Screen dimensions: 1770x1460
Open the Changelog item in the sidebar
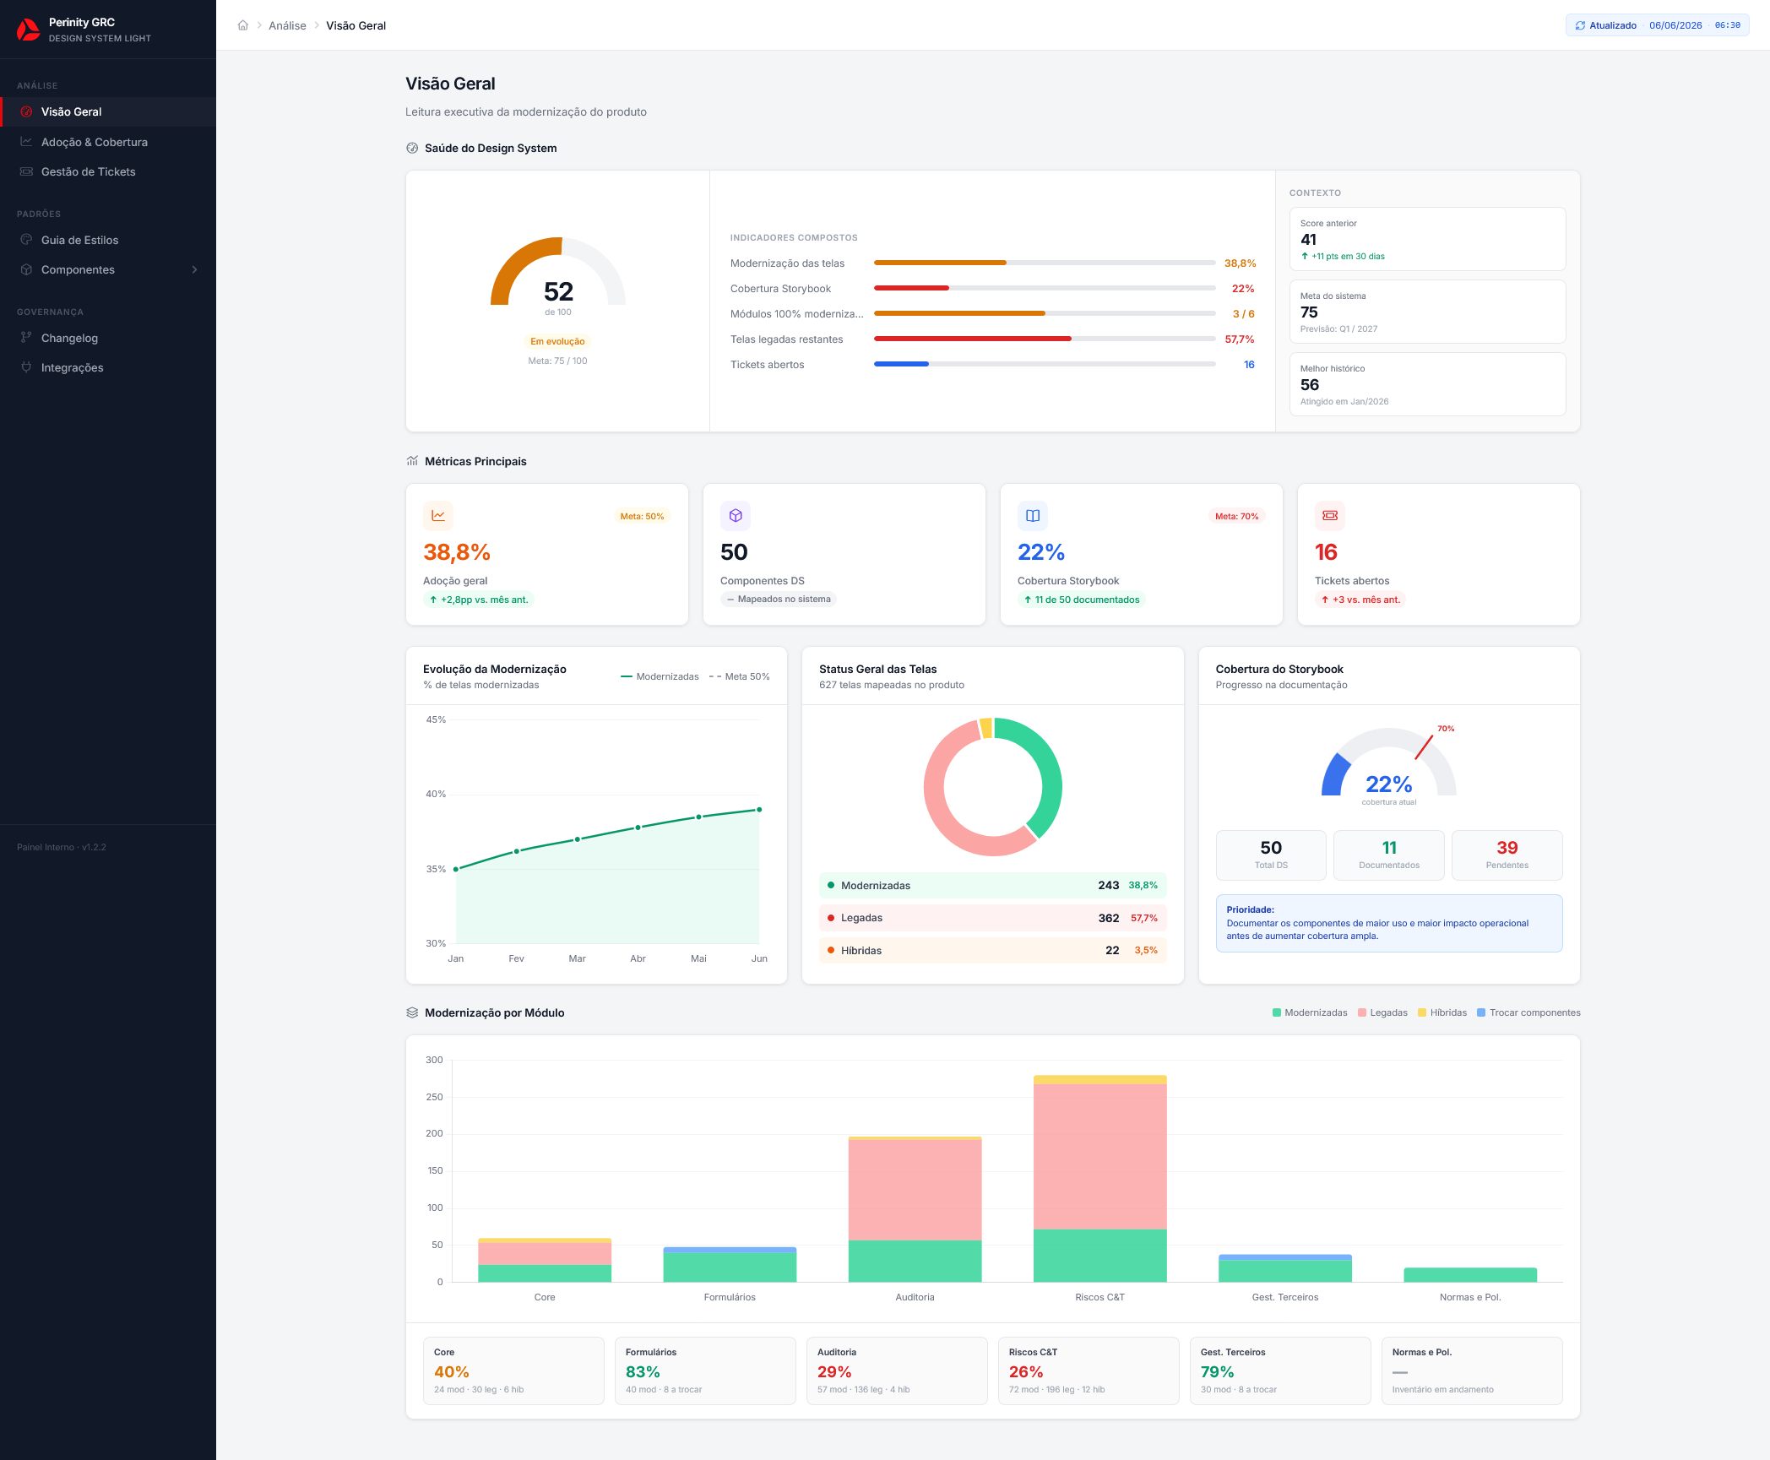tap(69, 338)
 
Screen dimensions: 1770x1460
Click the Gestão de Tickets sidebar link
tap(88, 171)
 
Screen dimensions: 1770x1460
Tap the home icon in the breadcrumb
tap(243, 25)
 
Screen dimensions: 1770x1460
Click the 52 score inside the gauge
tap(558, 291)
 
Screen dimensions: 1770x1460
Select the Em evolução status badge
tap(557, 341)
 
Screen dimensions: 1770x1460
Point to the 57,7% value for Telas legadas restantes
tap(1240, 339)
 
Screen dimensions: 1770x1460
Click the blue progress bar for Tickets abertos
tap(901, 364)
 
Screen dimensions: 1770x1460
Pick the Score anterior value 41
tap(1308, 239)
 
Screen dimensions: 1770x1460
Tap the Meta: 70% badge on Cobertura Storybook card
tap(1236, 516)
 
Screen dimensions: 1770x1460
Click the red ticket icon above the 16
tap(1330, 515)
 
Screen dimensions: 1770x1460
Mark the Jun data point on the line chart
tap(759, 810)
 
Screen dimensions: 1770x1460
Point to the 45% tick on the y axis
tap(436, 719)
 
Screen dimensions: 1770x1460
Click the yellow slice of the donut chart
tap(985, 728)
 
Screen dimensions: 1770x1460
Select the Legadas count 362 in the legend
tap(1109, 918)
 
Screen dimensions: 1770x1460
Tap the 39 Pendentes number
tap(1507, 848)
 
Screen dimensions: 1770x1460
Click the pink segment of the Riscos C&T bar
tap(1099, 1156)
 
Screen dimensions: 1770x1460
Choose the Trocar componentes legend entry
tap(1528, 1012)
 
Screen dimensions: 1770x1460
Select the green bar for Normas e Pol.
tap(1470, 1275)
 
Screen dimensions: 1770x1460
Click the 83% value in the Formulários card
tap(643, 1372)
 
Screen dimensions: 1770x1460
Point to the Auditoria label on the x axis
tap(915, 1297)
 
